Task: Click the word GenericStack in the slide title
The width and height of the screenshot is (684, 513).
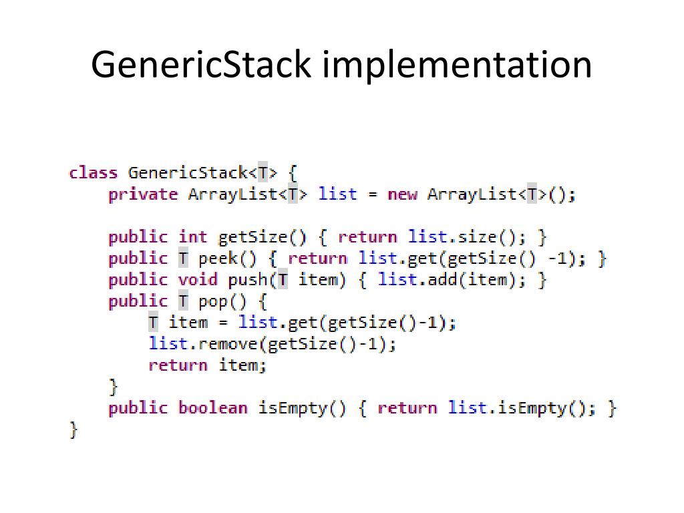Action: tap(201, 65)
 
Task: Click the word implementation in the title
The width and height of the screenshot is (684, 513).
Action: tap(458, 65)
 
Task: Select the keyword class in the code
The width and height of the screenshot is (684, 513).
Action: tap(93, 173)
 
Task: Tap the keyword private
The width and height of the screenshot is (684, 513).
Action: tap(143, 194)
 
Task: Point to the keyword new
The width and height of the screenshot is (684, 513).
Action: tap(402, 194)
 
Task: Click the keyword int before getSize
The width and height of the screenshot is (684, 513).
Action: tap(193, 237)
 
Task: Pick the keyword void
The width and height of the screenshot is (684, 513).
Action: tap(198, 280)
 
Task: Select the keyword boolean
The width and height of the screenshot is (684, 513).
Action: tap(212, 408)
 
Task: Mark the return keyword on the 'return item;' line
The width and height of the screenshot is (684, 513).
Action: tap(178, 365)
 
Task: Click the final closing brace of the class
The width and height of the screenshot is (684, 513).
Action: tap(73, 430)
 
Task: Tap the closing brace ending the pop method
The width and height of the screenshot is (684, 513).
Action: tap(114, 387)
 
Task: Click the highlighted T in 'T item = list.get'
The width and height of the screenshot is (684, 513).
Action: tap(154, 323)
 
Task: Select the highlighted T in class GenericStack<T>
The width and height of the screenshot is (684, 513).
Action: tap(263, 173)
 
